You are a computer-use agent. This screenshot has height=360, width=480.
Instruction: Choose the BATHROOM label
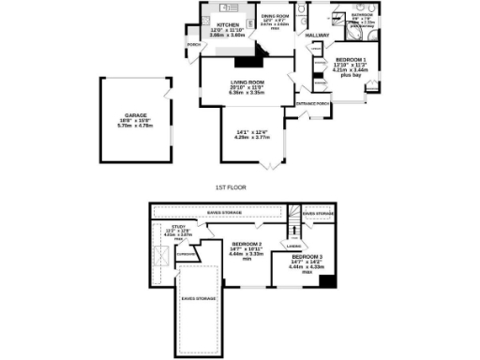[x=363, y=15]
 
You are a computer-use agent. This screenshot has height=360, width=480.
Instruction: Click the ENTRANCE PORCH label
[x=312, y=103]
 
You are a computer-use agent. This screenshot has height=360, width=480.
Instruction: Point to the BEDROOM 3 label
[x=307, y=256]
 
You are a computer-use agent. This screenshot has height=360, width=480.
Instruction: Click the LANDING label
[x=292, y=247]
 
